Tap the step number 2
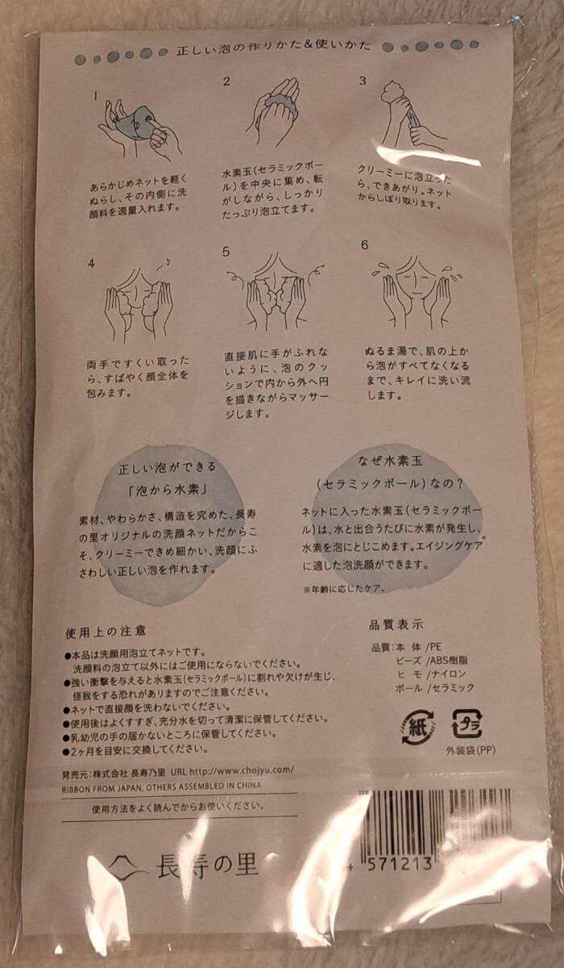pos(227,81)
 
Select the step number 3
pos(363,81)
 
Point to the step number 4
pos(92,263)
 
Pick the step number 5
pos(227,251)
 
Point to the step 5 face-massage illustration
pos(274,294)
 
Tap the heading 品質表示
pos(396,624)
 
